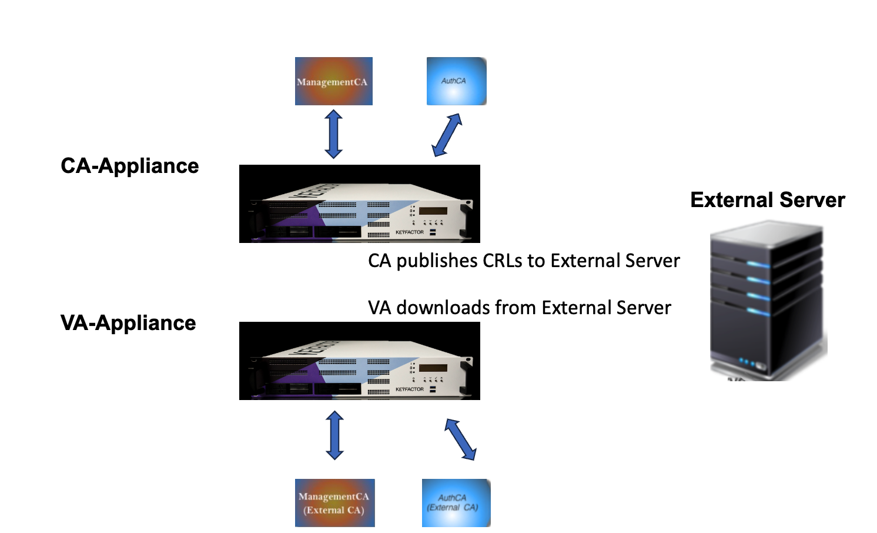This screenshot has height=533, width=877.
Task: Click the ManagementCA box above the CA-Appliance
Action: (333, 81)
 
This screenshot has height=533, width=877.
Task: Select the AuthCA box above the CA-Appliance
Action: (456, 81)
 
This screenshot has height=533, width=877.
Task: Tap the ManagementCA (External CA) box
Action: (334, 503)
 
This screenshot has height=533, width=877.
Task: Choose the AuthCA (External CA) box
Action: (456, 503)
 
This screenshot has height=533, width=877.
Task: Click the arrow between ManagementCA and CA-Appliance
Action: (333, 134)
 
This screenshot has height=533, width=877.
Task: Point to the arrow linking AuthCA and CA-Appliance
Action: (447, 135)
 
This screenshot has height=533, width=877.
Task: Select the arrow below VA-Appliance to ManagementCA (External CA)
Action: (334, 435)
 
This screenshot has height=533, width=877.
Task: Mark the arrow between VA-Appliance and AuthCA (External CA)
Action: (460, 439)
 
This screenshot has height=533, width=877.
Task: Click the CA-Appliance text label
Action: (130, 166)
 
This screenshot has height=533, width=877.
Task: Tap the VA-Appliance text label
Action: (128, 323)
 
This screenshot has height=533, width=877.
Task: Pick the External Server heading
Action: (767, 200)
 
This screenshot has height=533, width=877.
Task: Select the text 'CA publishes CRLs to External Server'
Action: (524, 261)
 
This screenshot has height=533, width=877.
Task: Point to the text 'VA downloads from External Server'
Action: (520, 308)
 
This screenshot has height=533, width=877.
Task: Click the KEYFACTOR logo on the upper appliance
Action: (410, 232)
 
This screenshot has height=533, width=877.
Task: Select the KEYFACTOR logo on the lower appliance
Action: (410, 389)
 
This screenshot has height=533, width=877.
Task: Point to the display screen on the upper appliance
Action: (433, 211)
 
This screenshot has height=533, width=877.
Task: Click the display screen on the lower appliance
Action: (433, 368)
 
